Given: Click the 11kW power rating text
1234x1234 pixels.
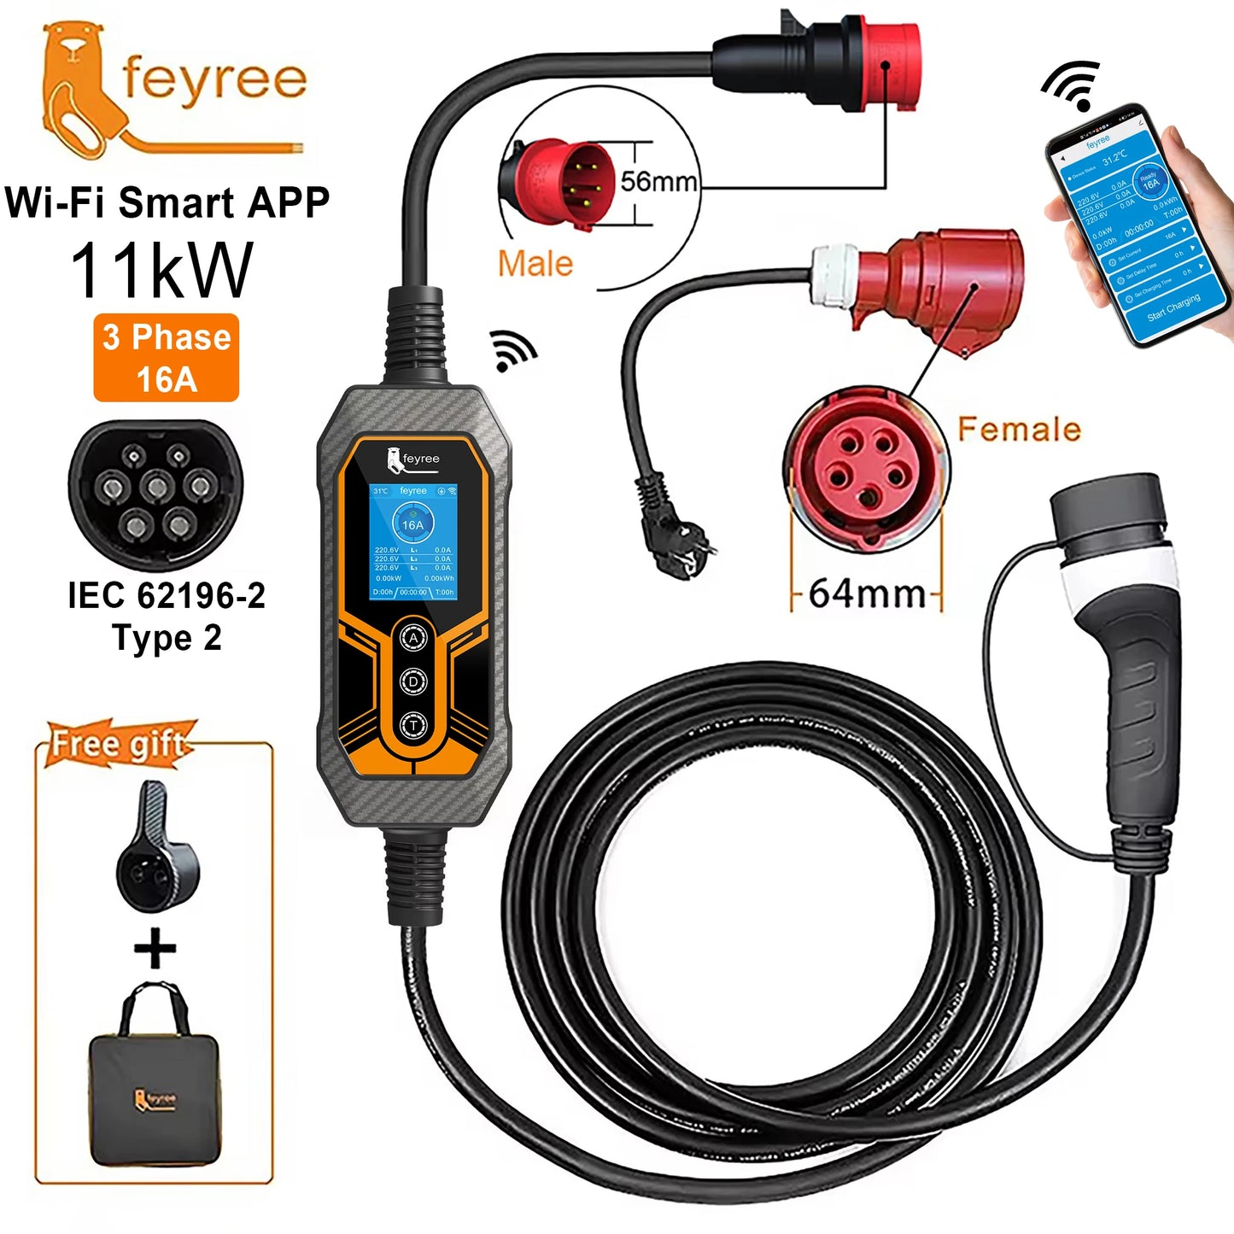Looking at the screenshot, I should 162,271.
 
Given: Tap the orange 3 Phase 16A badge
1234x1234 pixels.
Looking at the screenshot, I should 167,358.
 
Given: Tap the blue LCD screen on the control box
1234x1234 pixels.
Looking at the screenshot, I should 413,541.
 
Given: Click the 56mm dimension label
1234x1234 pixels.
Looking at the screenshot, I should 658,181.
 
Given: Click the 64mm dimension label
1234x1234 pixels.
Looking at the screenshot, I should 867,593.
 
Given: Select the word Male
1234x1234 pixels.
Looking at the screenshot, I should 535,263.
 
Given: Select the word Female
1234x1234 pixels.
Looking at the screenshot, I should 1019,429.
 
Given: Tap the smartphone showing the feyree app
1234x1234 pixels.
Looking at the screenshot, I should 1136,226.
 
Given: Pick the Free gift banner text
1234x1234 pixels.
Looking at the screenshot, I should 118,743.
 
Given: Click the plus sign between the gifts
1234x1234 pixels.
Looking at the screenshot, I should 155,949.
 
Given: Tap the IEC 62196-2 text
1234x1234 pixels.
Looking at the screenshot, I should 167,595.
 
